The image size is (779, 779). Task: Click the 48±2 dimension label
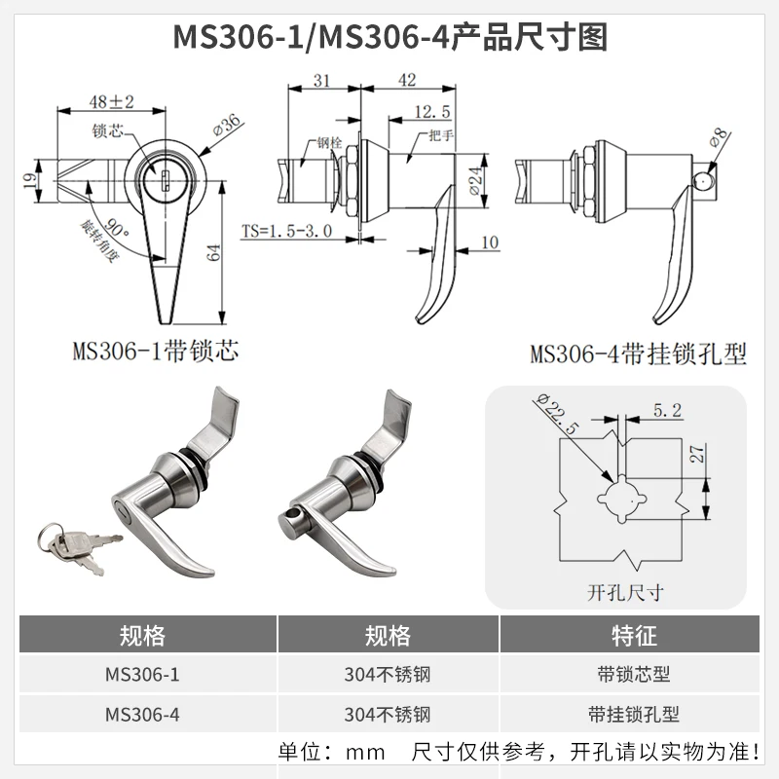(112, 102)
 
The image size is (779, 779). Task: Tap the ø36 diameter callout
(227, 124)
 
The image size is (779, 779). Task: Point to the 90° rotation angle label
(116, 228)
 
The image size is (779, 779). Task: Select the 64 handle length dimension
(213, 253)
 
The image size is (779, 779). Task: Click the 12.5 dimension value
(432, 112)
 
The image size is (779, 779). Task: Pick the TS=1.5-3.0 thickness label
(286, 231)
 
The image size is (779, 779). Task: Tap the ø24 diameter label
(475, 181)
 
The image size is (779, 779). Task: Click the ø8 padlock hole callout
(719, 137)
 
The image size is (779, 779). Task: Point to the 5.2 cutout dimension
(667, 410)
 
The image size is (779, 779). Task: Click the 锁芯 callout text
(107, 130)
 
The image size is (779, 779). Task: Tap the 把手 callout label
(441, 135)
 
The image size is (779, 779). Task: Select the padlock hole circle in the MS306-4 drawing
(703, 183)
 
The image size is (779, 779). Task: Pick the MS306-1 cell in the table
(142, 674)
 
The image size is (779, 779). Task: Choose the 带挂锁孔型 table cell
(634, 714)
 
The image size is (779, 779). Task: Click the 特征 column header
(634, 636)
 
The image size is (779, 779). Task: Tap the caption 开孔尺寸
(625, 592)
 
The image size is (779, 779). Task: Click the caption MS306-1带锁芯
(156, 351)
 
